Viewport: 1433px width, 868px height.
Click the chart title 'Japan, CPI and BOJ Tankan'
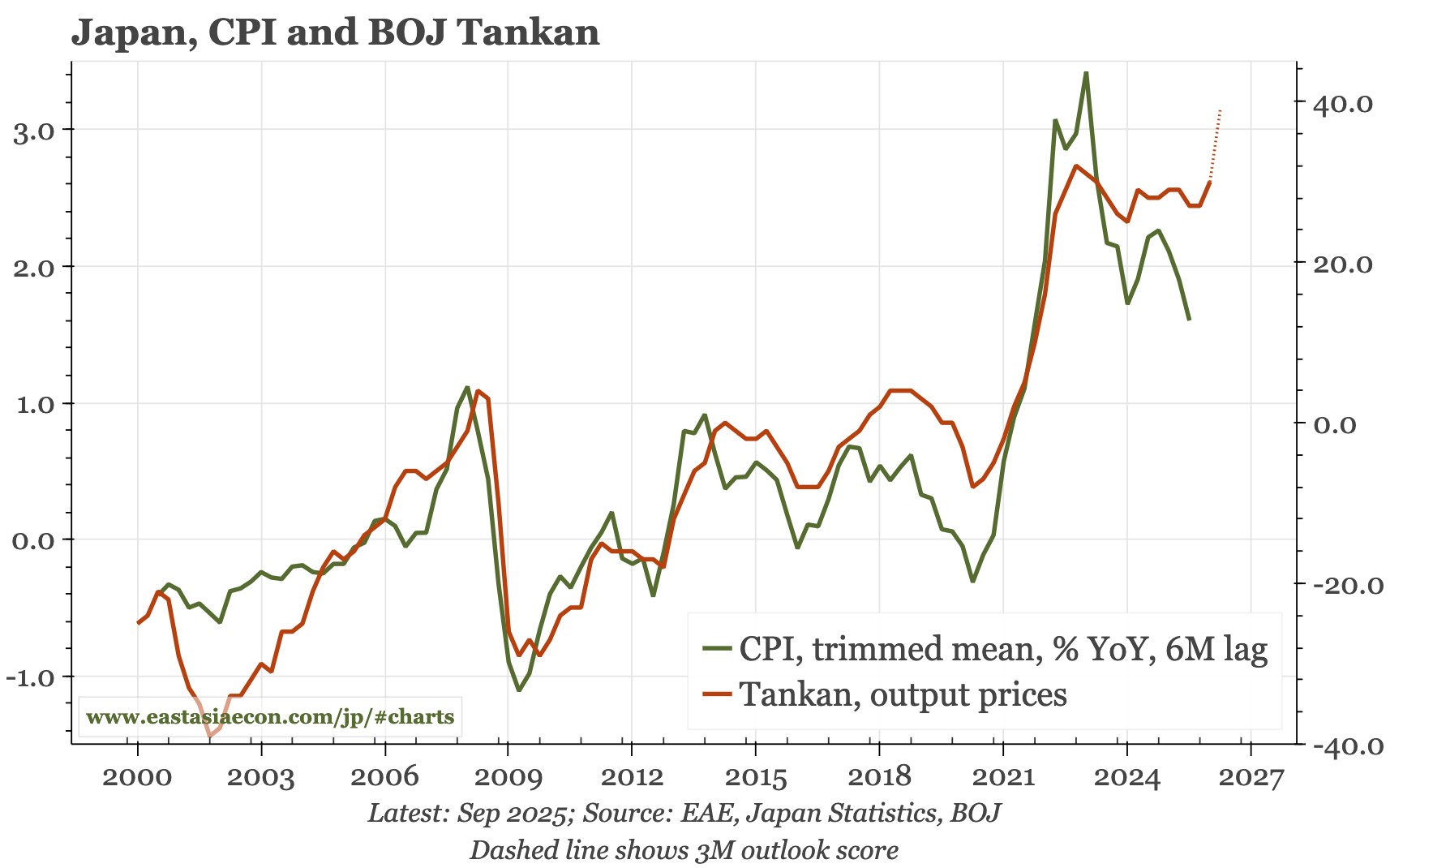click(335, 32)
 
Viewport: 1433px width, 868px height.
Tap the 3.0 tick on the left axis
click(34, 131)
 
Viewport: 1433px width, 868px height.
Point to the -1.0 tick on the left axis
click(30, 677)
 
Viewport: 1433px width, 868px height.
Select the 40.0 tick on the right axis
click(1342, 104)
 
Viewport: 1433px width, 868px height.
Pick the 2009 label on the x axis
click(508, 777)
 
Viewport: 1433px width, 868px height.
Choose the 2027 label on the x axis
click(1251, 777)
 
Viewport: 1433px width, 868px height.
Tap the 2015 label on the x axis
click(755, 777)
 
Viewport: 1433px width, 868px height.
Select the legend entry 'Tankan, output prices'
click(903, 694)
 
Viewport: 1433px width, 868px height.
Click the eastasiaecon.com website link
click(270, 717)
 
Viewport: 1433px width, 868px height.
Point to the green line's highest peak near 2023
click(1086, 73)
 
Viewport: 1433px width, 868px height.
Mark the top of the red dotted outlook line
click(1220, 110)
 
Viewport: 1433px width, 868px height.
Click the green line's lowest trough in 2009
click(519, 690)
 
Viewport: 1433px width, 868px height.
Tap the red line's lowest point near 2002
click(210, 735)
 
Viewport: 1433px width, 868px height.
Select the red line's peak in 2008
click(478, 391)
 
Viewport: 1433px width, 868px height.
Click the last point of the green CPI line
click(1189, 320)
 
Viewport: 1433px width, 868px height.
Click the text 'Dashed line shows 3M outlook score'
click(684, 850)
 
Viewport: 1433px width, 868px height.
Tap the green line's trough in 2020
click(972, 581)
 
